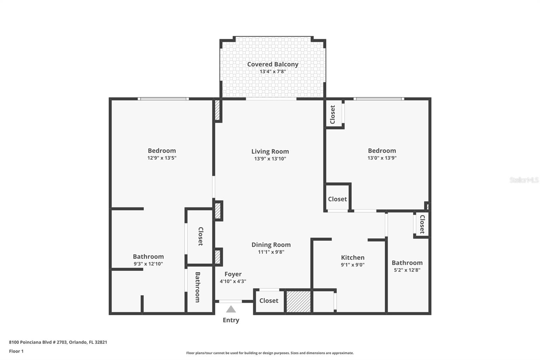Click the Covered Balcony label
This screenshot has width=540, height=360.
273,65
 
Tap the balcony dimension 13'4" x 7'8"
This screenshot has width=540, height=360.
273,72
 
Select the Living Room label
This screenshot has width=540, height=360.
270,152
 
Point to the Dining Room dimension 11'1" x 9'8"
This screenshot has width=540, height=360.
271,252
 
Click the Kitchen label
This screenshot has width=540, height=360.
353,257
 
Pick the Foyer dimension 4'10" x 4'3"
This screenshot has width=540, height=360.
233,281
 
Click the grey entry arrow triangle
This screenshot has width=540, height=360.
231,309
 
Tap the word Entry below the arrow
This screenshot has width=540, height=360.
231,320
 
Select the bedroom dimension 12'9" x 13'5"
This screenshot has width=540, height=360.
162,158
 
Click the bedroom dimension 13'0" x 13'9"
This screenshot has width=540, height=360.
382,158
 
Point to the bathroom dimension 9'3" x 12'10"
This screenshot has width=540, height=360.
148,264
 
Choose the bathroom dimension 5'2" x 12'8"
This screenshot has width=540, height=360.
407,270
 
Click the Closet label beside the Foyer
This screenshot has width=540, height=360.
269,301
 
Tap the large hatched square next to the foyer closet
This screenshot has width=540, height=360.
298,302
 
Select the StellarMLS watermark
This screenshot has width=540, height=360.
524,180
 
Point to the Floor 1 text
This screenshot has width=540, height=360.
17,351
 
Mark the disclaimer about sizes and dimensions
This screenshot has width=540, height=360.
270,353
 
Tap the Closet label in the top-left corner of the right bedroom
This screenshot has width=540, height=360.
333,114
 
